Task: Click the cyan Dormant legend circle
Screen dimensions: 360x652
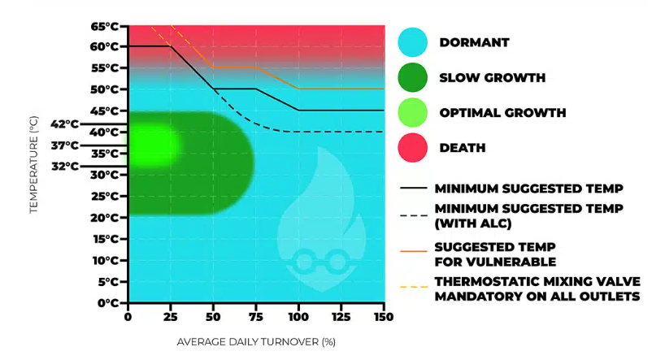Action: [x=414, y=43]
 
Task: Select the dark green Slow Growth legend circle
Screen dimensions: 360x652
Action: [x=414, y=78]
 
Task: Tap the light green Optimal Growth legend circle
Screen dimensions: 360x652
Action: [x=414, y=113]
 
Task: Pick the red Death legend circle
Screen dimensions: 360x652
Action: [x=414, y=148]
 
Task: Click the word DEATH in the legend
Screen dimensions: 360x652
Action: [x=463, y=148]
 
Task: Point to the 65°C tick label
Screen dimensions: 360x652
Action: [x=106, y=26]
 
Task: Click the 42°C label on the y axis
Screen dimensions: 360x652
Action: [x=65, y=124]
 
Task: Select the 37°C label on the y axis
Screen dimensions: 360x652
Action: [x=65, y=145]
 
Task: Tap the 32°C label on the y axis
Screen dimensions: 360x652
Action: [x=65, y=167]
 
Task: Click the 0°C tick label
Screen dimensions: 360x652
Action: [x=109, y=303]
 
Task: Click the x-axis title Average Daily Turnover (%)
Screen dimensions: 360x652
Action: [x=255, y=342]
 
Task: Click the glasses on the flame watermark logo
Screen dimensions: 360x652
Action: [x=318, y=261]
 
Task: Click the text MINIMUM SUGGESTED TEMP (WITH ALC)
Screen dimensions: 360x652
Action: [x=529, y=215]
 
